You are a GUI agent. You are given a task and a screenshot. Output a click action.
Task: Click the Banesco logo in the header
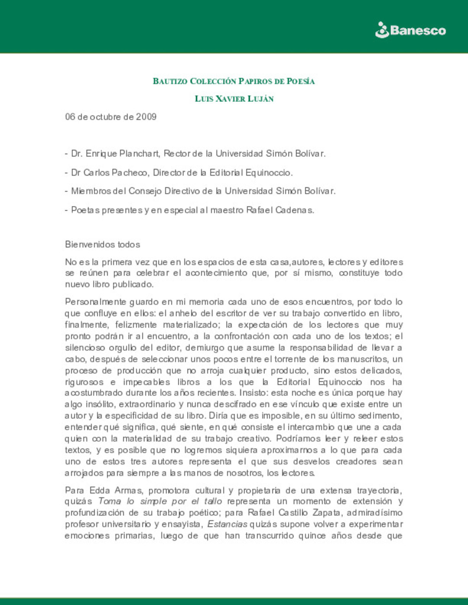[x=410, y=30]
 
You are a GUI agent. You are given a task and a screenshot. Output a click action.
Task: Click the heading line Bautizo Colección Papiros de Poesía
[x=234, y=81]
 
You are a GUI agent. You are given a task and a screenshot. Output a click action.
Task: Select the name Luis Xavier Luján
[x=234, y=99]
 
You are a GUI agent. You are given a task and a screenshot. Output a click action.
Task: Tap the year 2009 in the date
[x=146, y=117]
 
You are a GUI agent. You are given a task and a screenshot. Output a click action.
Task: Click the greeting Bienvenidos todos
[x=103, y=245]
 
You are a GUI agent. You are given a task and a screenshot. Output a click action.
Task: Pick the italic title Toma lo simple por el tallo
[x=160, y=501]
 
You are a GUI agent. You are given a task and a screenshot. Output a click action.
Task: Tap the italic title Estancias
[x=227, y=524]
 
